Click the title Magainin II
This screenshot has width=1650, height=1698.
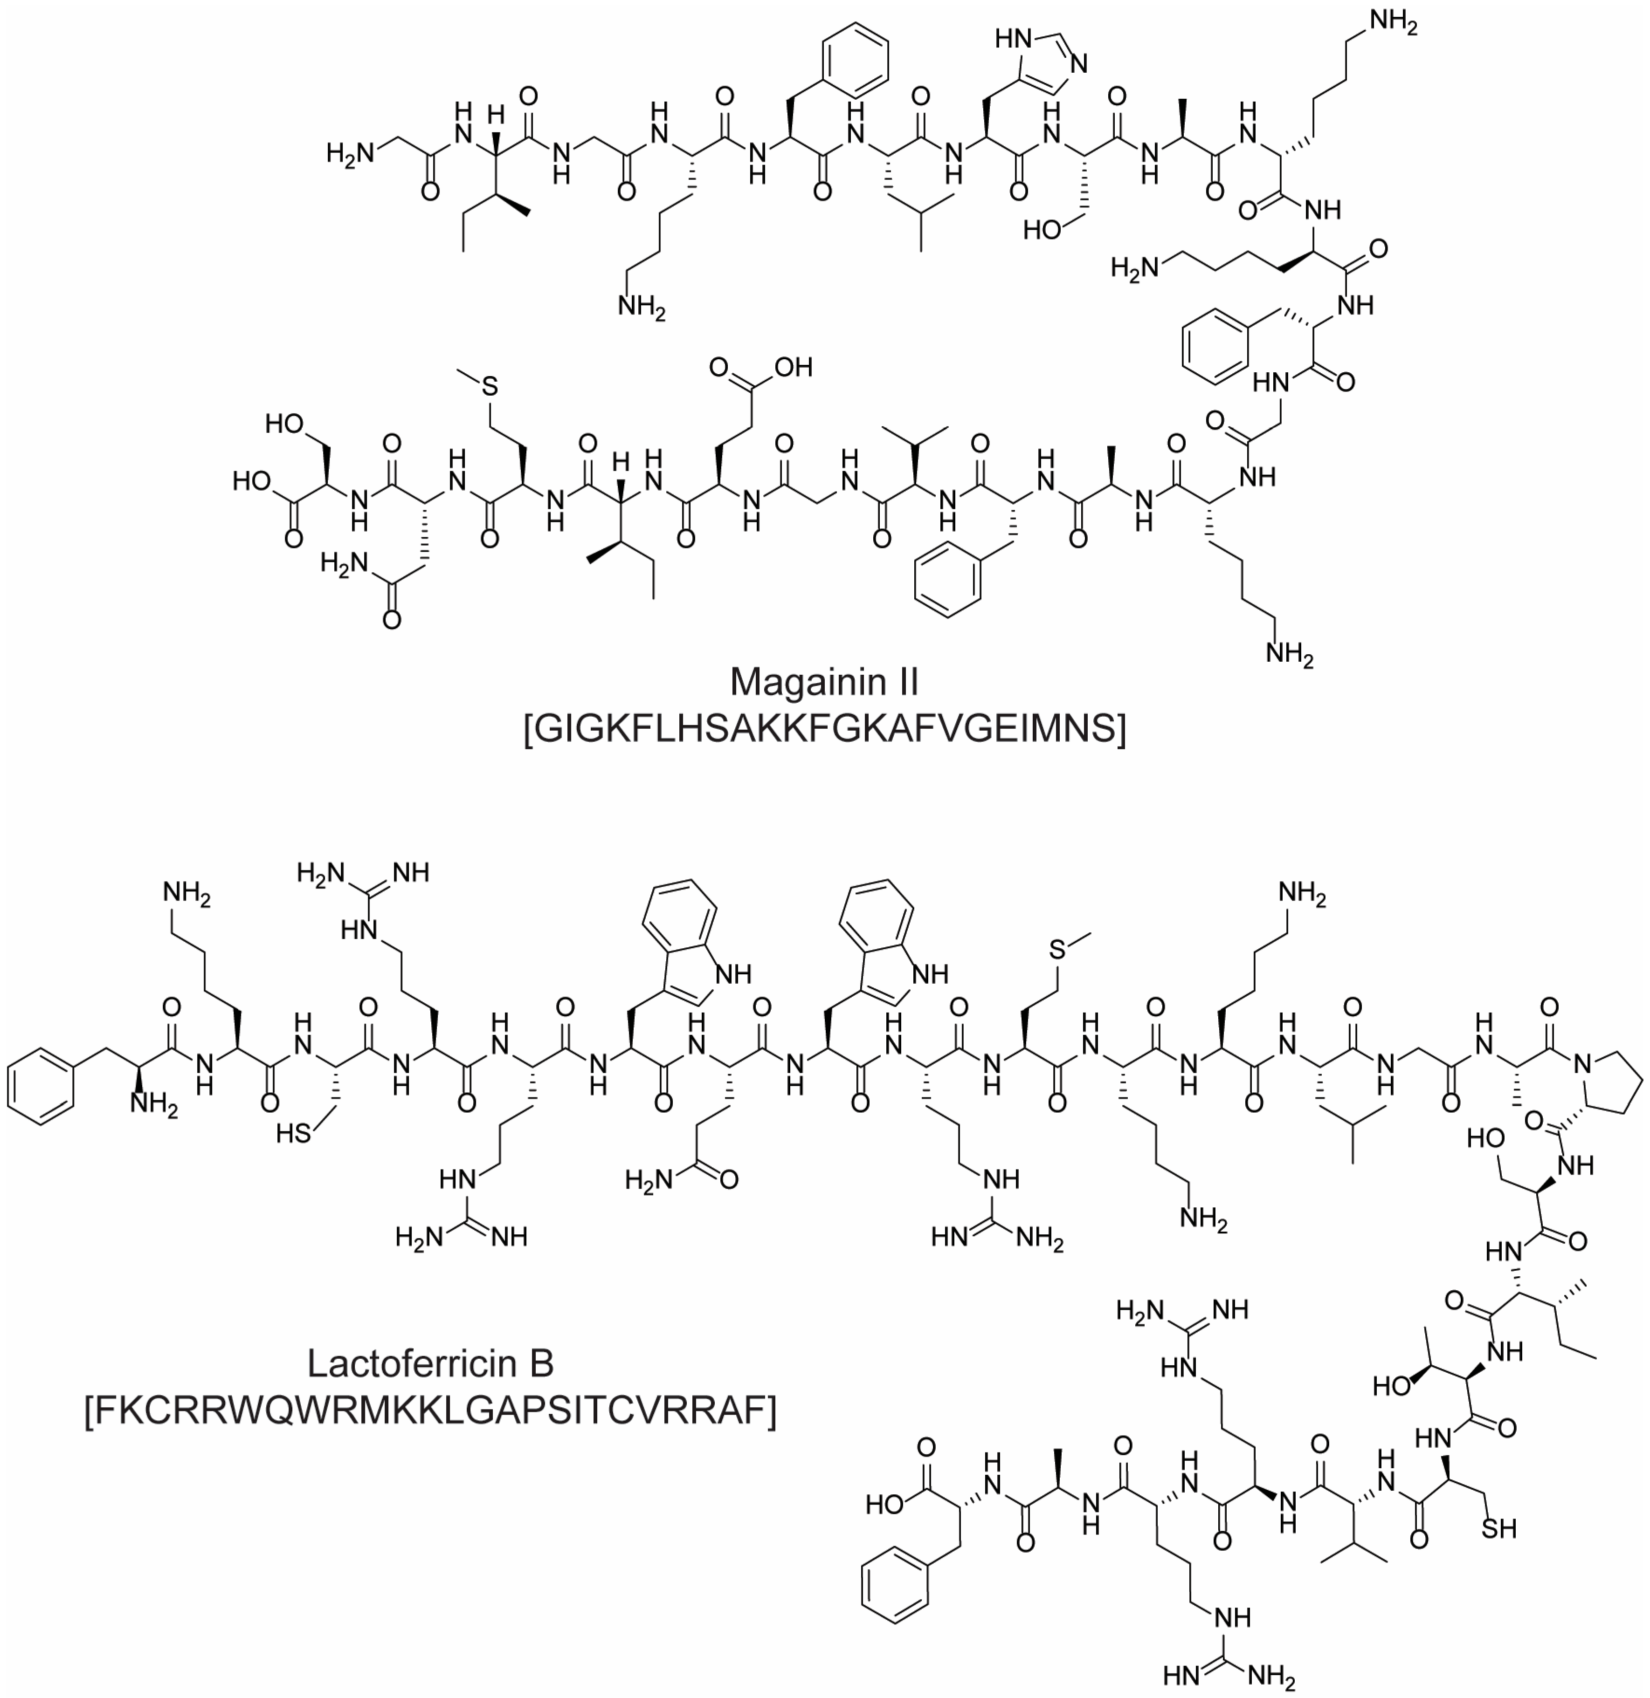click(x=824, y=682)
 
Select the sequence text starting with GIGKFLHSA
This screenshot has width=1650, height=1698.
click(x=824, y=729)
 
